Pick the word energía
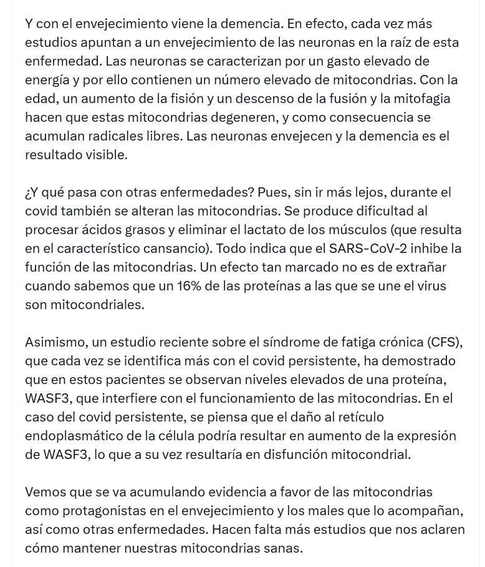coord(49,80)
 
